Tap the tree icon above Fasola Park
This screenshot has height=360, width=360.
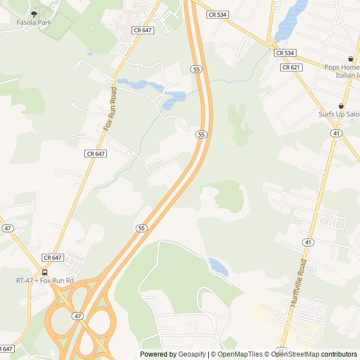(x=34, y=13)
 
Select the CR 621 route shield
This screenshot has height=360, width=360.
(x=291, y=67)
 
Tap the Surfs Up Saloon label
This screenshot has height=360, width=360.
(x=339, y=114)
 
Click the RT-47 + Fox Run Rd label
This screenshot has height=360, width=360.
(x=44, y=280)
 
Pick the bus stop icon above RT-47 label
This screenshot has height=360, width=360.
(x=44, y=273)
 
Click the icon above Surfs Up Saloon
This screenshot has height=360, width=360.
(x=340, y=106)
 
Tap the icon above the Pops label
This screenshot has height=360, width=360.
(x=350, y=58)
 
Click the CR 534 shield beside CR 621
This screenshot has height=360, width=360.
(x=285, y=53)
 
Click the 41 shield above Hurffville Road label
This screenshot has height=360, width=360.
(x=307, y=242)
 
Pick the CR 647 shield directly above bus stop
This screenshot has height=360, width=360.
(x=52, y=258)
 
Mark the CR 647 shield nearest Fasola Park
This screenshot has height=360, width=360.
(x=143, y=30)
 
